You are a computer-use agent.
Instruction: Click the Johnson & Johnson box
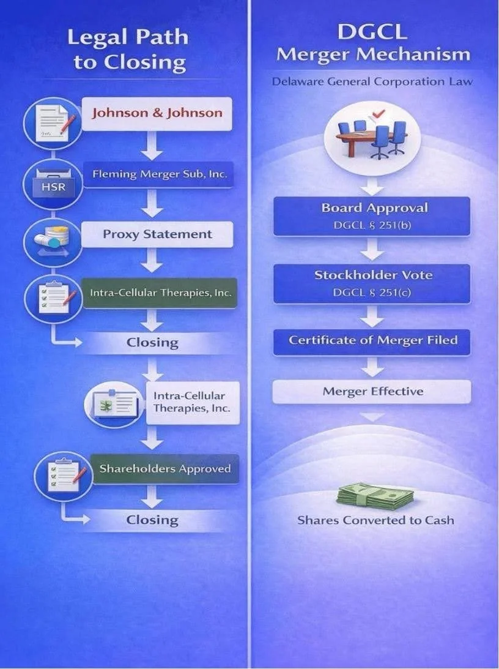(x=157, y=113)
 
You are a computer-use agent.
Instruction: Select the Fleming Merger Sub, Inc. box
(x=159, y=174)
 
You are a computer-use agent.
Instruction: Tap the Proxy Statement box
(x=157, y=234)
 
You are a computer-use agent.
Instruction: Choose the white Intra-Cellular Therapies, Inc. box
(x=192, y=402)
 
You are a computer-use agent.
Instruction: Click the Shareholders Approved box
(x=164, y=469)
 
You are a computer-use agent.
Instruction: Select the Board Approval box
(x=371, y=215)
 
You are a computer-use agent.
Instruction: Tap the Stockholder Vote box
(x=371, y=283)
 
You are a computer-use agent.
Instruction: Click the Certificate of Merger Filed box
(x=371, y=340)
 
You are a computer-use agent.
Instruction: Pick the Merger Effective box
(x=371, y=391)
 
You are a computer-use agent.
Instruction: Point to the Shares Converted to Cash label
(x=375, y=520)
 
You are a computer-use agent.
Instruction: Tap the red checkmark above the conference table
(x=378, y=113)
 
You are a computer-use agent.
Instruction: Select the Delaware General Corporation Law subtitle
(x=372, y=81)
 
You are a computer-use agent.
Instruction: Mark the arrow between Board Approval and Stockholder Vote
(x=371, y=250)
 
